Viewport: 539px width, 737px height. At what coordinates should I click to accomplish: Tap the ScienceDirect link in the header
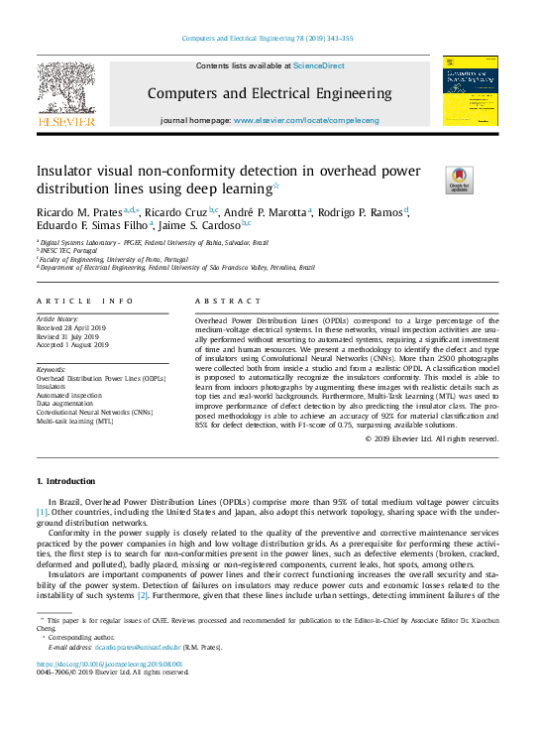318,65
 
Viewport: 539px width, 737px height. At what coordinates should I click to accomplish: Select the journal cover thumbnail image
470,90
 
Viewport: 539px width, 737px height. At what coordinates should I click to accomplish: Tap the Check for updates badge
459,179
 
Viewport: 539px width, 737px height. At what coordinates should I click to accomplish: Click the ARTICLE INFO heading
84,301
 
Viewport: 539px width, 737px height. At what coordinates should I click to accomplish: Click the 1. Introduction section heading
65,481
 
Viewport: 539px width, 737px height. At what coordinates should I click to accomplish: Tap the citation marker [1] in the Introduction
43,513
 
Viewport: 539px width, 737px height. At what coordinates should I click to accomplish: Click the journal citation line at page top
269,39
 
